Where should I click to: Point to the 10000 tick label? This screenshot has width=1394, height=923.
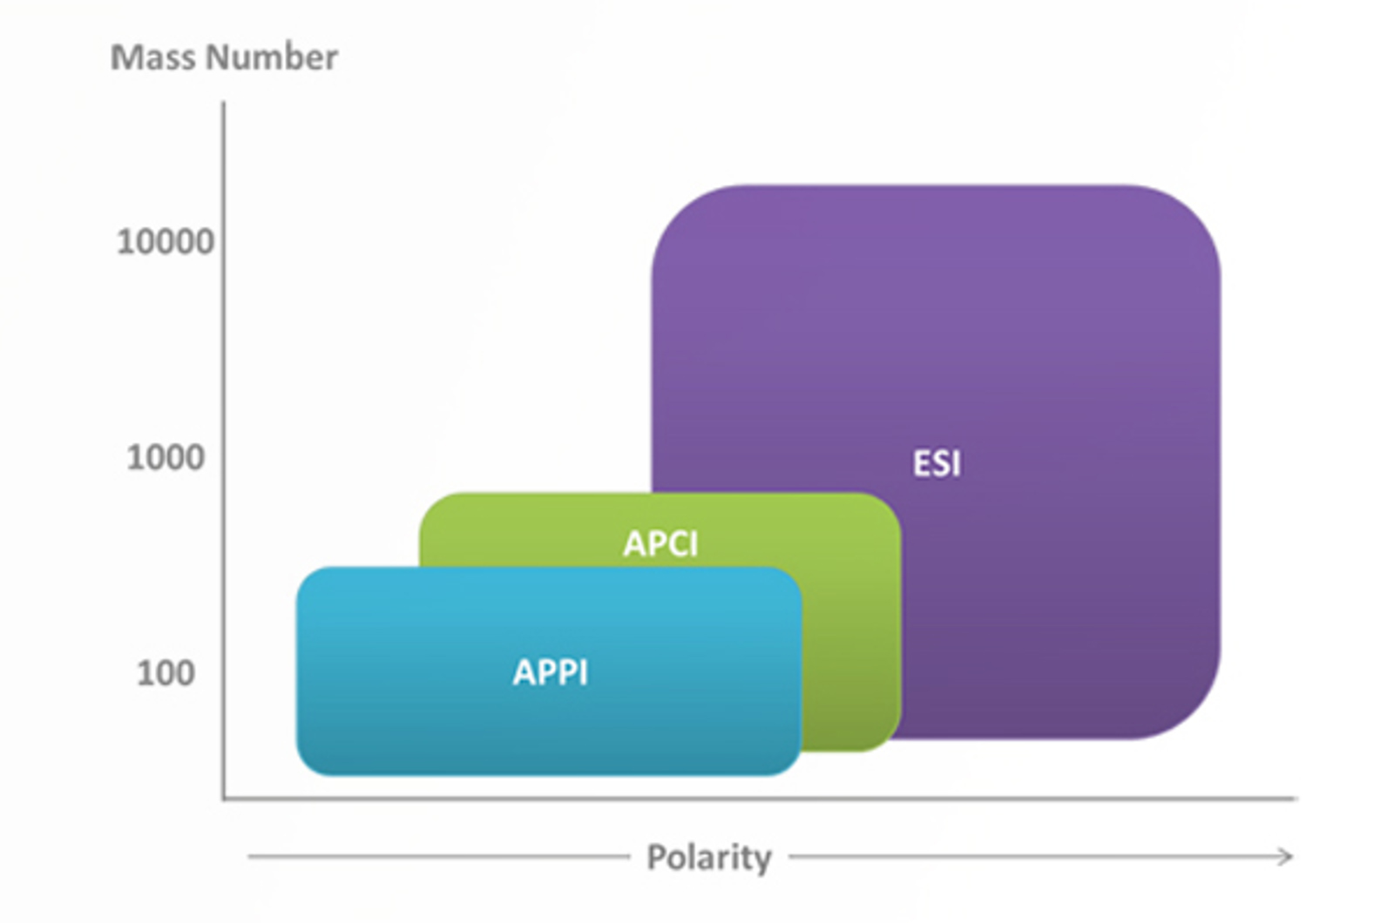coord(165,242)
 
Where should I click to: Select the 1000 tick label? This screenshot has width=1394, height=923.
coord(166,457)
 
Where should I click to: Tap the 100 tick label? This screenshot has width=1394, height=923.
coord(166,673)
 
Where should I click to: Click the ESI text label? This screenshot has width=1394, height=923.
coord(937,463)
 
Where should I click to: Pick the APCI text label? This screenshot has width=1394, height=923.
coord(660,543)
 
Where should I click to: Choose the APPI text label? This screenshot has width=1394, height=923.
coord(551,672)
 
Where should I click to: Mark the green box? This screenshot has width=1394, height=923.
coord(849,627)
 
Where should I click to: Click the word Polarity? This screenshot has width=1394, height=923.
coord(708,857)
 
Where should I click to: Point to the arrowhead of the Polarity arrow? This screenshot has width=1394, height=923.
coord(1287,857)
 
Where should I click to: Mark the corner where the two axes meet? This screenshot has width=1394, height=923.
coord(224,798)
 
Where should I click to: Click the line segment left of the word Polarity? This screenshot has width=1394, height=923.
coord(436,857)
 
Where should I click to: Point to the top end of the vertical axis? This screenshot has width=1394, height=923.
coord(224,104)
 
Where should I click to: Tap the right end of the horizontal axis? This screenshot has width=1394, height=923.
coord(1294,798)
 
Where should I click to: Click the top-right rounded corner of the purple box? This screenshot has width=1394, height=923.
coord(1194,213)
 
